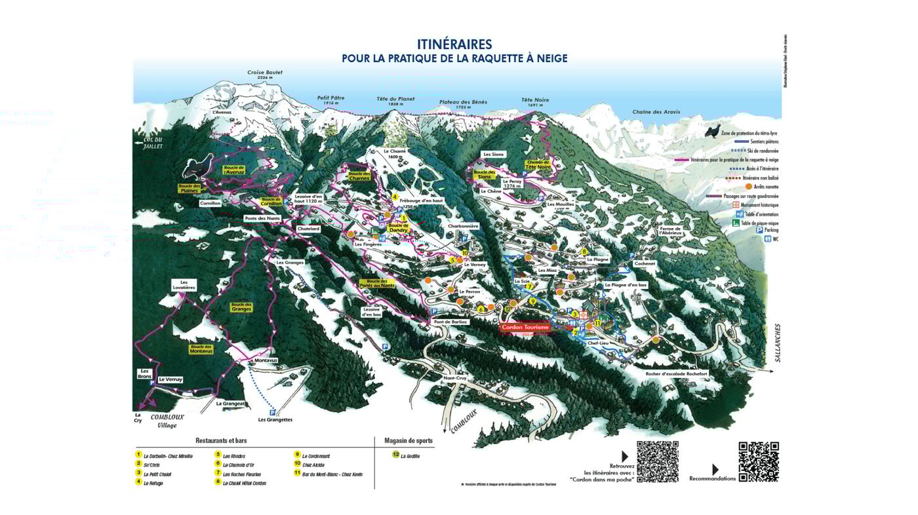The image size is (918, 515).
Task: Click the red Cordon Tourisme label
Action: (525, 327)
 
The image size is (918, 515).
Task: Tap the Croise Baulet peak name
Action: (265, 73)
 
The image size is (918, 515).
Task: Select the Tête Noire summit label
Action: (535, 100)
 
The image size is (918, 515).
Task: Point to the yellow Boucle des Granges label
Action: (241, 307)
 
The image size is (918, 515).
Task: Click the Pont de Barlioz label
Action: (450, 322)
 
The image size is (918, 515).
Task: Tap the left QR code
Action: (657, 462)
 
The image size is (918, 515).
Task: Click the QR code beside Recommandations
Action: (759, 462)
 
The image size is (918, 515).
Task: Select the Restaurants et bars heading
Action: (221, 441)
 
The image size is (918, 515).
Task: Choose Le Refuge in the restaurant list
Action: (153, 484)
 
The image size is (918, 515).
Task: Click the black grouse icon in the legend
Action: (712, 131)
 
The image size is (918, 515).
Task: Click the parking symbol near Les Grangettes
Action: (272, 413)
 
